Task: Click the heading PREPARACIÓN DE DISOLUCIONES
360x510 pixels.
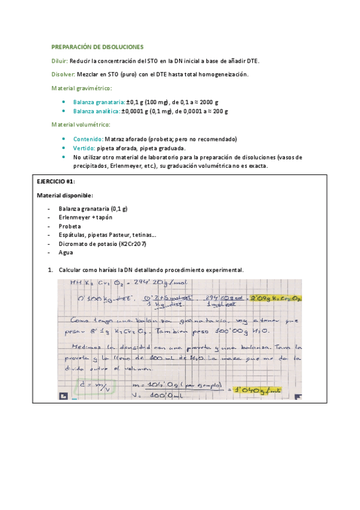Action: tap(97, 46)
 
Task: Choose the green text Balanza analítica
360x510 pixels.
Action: tap(96, 111)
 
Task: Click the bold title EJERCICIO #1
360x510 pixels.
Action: tap(56, 182)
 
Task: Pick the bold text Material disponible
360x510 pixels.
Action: tap(64, 195)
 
